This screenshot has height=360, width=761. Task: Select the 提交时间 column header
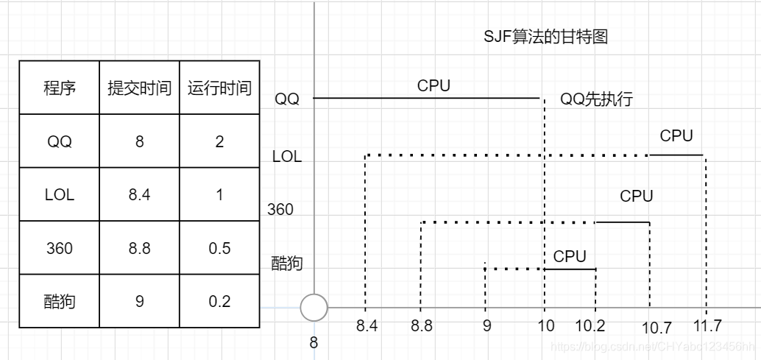point(139,88)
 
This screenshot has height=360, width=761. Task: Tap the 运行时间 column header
point(219,88)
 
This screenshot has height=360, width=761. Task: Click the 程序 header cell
point(59,88)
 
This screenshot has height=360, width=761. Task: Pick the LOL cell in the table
point(59,195)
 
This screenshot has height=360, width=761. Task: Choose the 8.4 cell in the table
point(139,195)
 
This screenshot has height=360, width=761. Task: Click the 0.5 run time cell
point(219,248)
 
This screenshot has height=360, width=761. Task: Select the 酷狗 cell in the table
point(59,301)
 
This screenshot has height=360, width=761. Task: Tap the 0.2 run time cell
point(219,301)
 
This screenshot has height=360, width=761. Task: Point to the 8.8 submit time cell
point(139,248)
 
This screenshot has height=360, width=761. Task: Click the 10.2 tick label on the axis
point(590,325)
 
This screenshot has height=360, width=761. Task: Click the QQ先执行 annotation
point(596,99)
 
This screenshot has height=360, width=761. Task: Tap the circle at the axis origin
point(314,308)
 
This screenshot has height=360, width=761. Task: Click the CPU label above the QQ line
point(433,85)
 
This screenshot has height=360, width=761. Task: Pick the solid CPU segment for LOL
point(676,155)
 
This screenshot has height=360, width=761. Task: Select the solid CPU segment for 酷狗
point(570,269)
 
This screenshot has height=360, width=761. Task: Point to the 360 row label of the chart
point(280,210)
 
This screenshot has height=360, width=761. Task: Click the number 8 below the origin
point(314,342)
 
